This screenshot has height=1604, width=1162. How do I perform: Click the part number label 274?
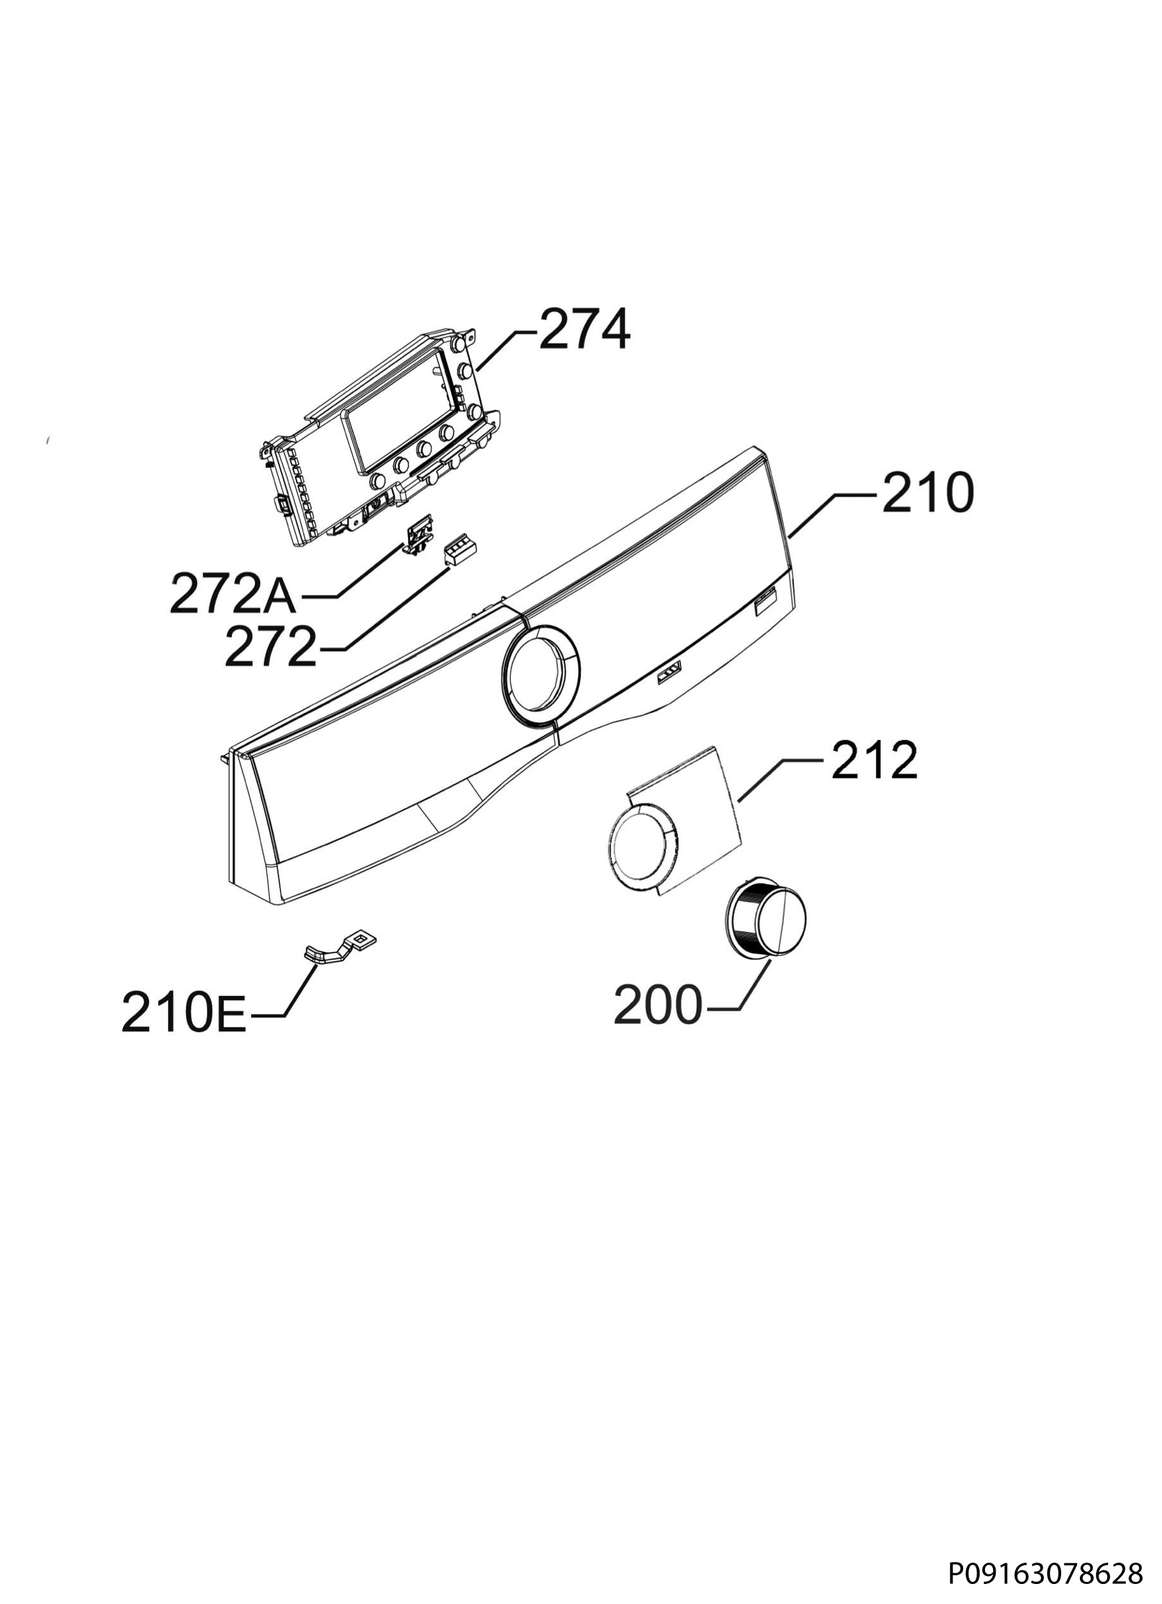(x=584, y=330)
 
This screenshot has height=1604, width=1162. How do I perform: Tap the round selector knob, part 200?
(x=765, y=924)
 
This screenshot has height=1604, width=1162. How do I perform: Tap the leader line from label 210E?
(x=291, y=990)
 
